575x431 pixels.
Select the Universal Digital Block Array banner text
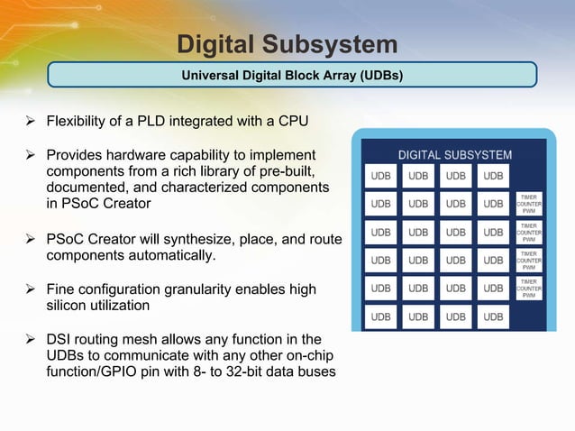point(292,75)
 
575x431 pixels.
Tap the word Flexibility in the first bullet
point(79,121)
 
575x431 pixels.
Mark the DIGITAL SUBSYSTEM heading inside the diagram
point(455,155)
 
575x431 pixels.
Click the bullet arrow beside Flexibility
point(31,121)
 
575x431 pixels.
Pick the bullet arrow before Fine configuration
point(31,289)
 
